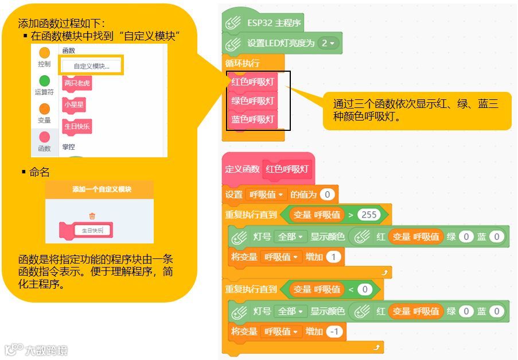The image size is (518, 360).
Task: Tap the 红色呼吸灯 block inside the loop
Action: click(253, 82)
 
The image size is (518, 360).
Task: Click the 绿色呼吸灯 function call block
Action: click(253, 101)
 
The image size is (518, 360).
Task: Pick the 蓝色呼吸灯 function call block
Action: click(253, 120)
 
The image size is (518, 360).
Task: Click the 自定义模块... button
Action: click(91, 66)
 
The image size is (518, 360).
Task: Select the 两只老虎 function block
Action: click(77, 83)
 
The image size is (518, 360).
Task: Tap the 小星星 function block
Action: click(75, 105)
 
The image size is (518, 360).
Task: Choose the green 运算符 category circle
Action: click(44, 81)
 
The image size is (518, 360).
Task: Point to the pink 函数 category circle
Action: click(44, 137)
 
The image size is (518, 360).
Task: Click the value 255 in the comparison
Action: click(369, 215)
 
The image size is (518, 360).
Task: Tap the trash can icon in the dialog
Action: click(92, 216)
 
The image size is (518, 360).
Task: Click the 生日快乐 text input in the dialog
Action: click(92, 231)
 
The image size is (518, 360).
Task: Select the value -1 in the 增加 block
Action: click(336, 332)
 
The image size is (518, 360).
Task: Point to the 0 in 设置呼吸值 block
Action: click(327, 195)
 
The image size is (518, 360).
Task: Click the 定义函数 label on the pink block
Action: click(242, 169)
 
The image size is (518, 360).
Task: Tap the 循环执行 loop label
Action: click(242, 63)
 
